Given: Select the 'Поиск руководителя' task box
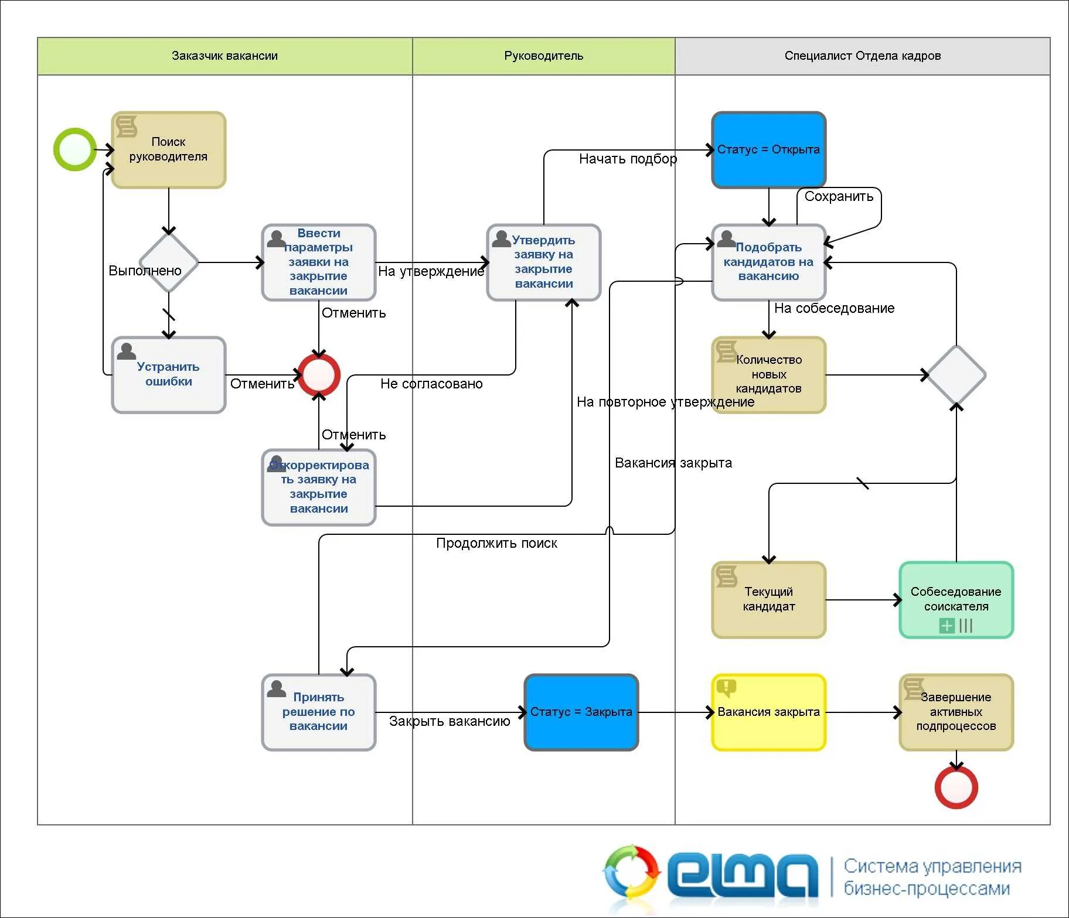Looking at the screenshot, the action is (x=169, y=150).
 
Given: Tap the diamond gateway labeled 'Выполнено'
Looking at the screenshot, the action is (x=169, y=262).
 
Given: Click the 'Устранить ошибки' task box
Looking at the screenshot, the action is (x=169, y=375).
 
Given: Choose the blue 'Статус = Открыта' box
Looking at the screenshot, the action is (x=769, y=150).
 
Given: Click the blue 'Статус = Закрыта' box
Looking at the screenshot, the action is (x=581, y=712).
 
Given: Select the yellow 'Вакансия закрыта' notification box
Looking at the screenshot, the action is (x=769, y=712).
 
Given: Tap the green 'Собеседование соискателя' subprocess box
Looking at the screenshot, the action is (x=956, y=600).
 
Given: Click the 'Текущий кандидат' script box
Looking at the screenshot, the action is (x=769, y=600).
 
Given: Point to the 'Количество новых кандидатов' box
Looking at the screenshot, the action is (x=769, y=375).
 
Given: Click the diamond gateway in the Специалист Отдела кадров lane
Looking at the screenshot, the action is (x=956, y=375).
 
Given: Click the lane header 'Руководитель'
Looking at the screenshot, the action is (x=544, y=56).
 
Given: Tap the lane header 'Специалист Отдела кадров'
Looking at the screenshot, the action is (x=863, y=56).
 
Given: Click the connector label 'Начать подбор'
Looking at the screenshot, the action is (x=628, y=159).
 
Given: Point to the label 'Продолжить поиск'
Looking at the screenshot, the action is (x=496, y=543).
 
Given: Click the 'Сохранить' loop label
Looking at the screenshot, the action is (x=839, y=196).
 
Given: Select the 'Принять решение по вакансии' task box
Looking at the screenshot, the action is (x=319, y=712).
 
